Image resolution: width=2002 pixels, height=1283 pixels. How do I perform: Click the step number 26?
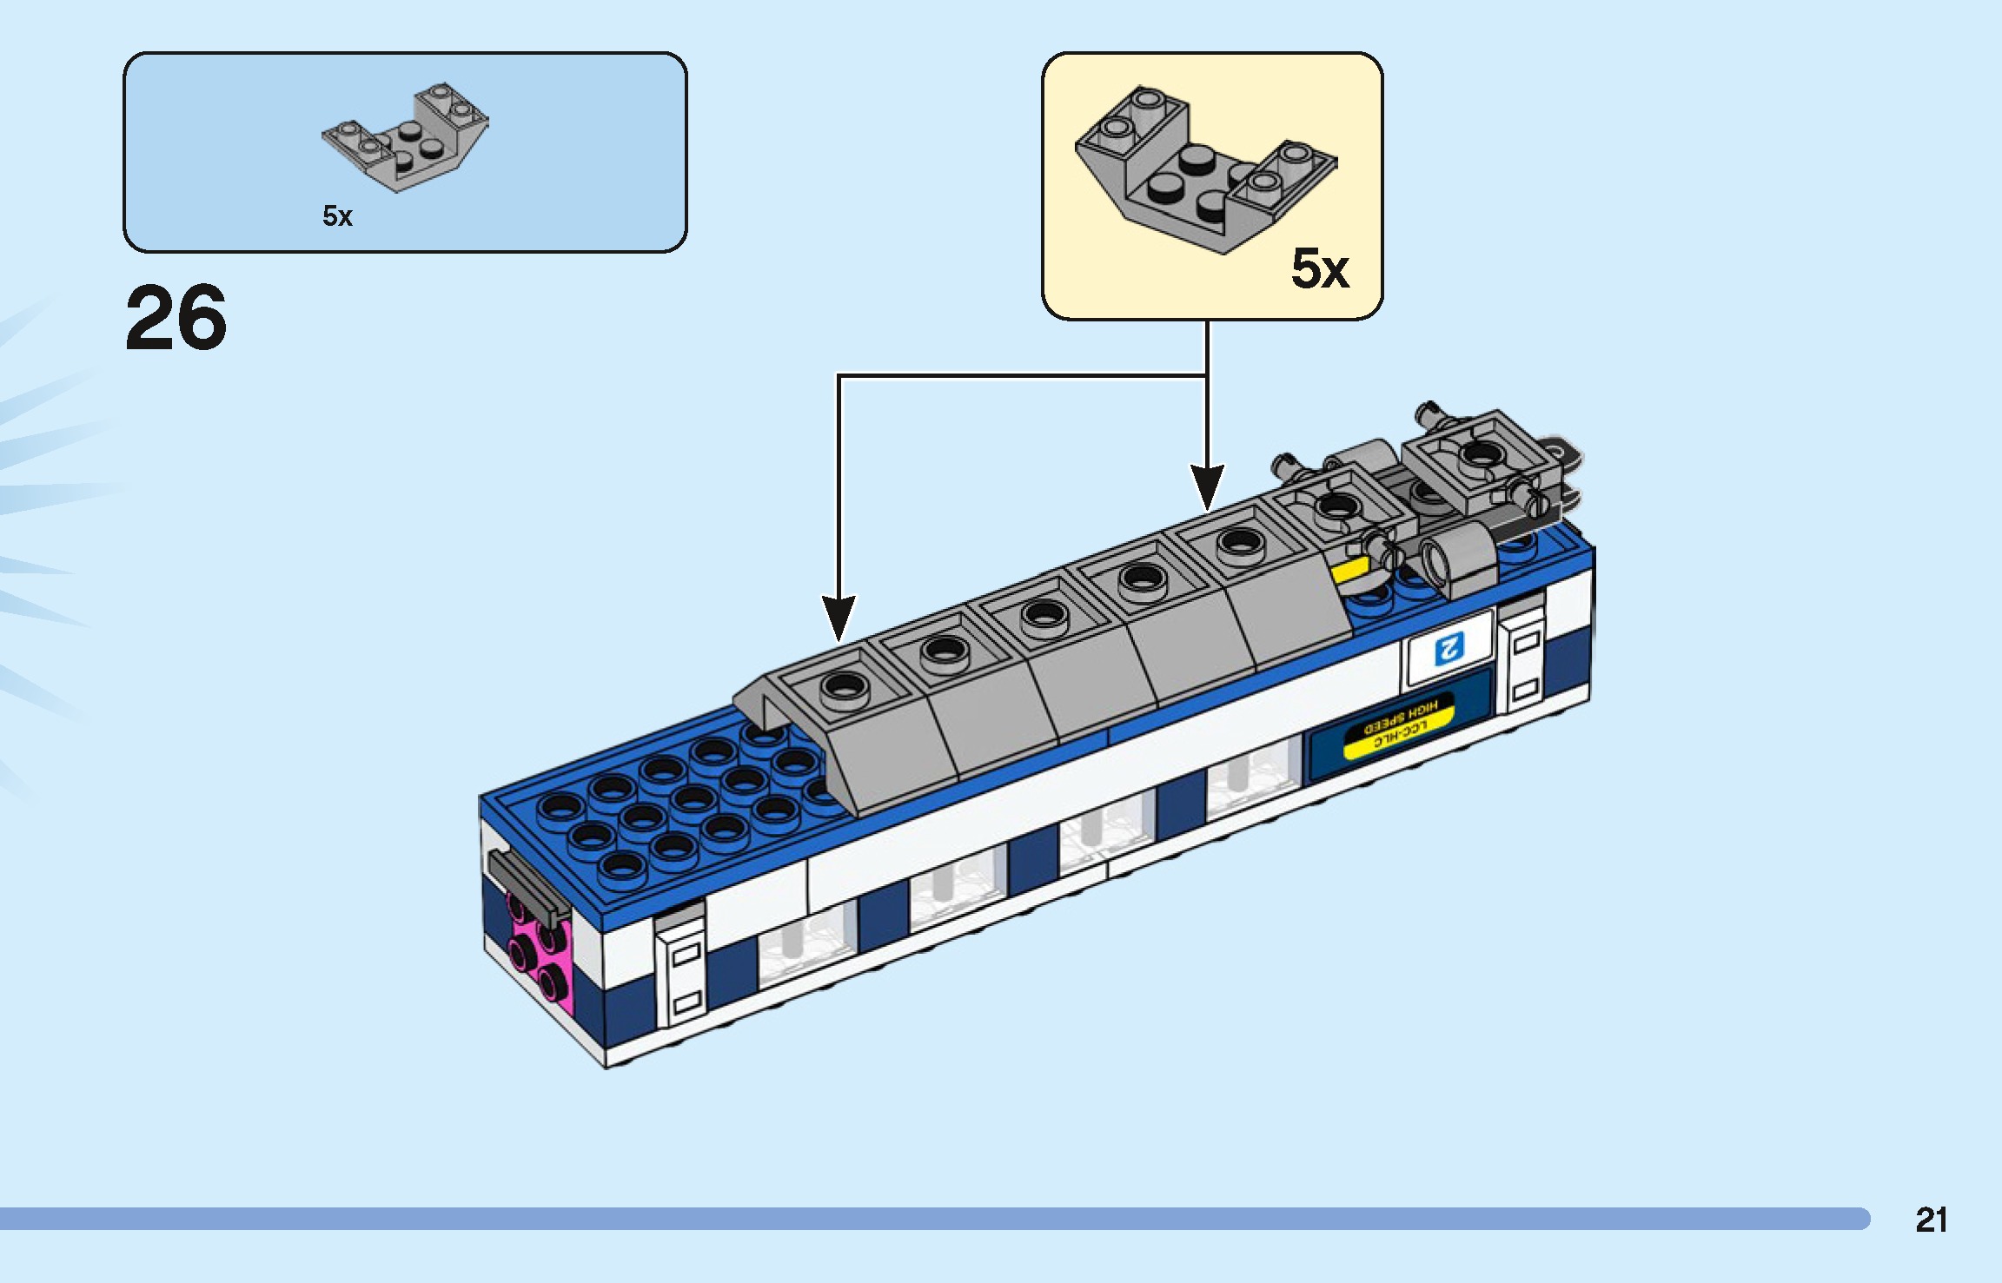[176, 318]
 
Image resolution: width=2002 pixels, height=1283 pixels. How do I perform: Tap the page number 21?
[1931, 1220]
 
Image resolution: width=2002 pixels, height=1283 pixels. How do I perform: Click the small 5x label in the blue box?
[337, 215]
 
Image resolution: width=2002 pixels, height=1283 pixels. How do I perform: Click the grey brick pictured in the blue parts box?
[405, 139]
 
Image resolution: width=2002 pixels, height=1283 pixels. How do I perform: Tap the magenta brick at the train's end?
[540, 956]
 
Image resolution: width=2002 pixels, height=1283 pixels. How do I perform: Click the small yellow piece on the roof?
[1349, 571]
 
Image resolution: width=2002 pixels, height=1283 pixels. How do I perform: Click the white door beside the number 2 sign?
[1525, 660]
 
